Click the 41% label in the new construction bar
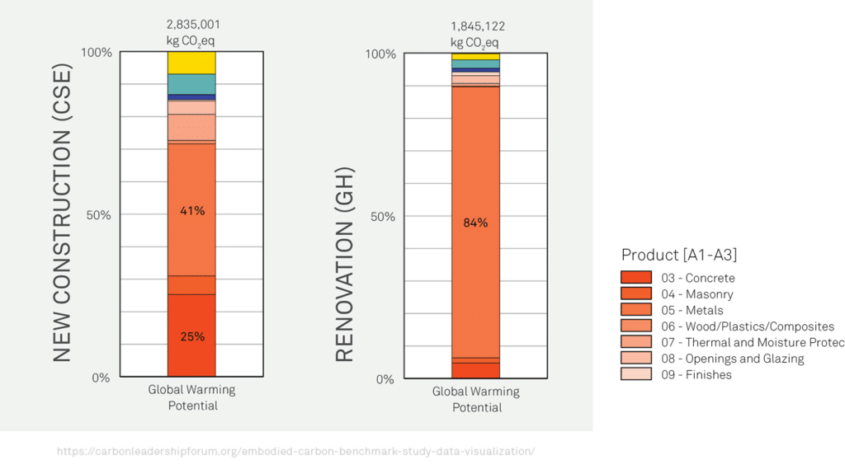(192, 211)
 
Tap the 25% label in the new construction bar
(192, 336)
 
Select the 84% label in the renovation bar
(475, 223)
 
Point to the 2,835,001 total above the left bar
(192, 25)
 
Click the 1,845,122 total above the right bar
(477, 26)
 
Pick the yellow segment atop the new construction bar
(191, 63)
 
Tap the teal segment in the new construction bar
(191, 84)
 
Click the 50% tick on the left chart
(99, 214)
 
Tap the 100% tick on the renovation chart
(380, 54)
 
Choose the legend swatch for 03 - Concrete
(636, 278)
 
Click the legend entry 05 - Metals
(692, 310)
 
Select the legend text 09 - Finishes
(696, 374)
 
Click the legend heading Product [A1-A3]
(679, 255)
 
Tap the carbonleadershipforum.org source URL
(295, 451)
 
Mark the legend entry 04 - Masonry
(696, 294)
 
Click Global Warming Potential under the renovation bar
(476, 399)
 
